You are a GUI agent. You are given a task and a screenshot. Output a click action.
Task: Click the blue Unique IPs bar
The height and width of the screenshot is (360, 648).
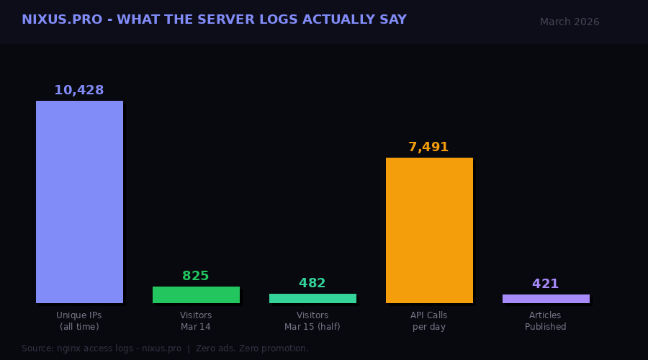point(79,202)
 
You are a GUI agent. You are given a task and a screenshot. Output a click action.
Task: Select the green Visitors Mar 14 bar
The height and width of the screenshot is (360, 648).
point(196,294)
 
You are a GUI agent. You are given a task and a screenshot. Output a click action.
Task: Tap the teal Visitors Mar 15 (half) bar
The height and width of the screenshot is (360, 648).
point(312,298)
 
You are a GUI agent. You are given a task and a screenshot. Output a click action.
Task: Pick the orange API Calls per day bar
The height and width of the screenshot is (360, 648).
point(429,230)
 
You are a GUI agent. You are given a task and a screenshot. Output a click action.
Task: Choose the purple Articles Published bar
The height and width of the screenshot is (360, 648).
point(546,299)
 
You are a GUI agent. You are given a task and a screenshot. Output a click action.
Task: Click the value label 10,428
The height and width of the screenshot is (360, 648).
point(79,91)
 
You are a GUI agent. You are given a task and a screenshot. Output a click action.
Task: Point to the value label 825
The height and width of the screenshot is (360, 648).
point(196,276)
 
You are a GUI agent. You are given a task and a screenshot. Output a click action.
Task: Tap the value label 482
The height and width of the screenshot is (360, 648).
point(312,284)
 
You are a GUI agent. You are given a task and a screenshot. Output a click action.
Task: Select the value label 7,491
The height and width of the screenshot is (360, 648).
point(428,148)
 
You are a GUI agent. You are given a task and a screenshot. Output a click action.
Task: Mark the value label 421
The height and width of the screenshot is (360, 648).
point(546,284)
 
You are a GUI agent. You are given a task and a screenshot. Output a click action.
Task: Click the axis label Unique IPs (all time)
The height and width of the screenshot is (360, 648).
point(79,321)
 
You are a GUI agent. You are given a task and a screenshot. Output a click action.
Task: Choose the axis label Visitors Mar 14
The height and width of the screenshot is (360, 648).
point(196,321)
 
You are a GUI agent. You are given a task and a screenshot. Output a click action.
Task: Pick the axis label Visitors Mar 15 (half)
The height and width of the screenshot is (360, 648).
point(312,321)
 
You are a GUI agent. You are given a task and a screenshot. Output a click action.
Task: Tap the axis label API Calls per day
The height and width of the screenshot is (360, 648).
point(429,321)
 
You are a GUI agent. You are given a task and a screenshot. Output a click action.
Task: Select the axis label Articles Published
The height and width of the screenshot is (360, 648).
point(546,321)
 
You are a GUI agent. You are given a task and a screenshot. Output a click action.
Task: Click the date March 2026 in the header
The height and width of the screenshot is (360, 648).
point(570,22)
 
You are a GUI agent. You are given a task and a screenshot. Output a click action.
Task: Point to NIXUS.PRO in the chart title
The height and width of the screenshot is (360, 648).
point(61,20)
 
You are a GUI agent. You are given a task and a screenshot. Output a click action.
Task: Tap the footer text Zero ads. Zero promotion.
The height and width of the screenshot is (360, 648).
point(252,348)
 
